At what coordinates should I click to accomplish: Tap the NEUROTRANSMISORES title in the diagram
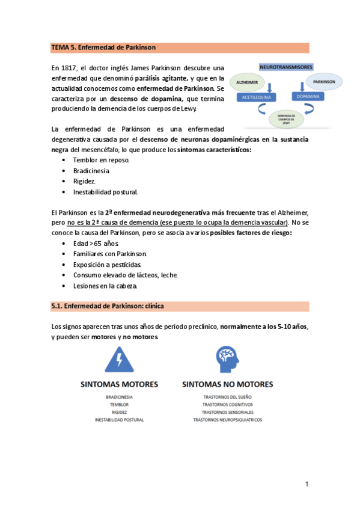coord(289,67)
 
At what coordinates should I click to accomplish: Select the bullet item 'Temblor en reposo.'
coord(101,160)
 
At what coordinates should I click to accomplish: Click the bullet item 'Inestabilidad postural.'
coord(106,192)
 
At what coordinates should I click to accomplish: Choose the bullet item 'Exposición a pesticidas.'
coord(108,265)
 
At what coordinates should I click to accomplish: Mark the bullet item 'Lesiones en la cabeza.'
coord(105,286)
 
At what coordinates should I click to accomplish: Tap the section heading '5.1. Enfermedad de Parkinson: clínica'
coord(108,306)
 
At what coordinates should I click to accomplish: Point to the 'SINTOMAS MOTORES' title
coord(120,384)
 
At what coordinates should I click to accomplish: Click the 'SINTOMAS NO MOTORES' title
coord(227,384)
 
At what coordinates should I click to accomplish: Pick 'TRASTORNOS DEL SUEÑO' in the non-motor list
coord(227,398)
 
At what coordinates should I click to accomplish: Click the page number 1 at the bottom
coord(307,484)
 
